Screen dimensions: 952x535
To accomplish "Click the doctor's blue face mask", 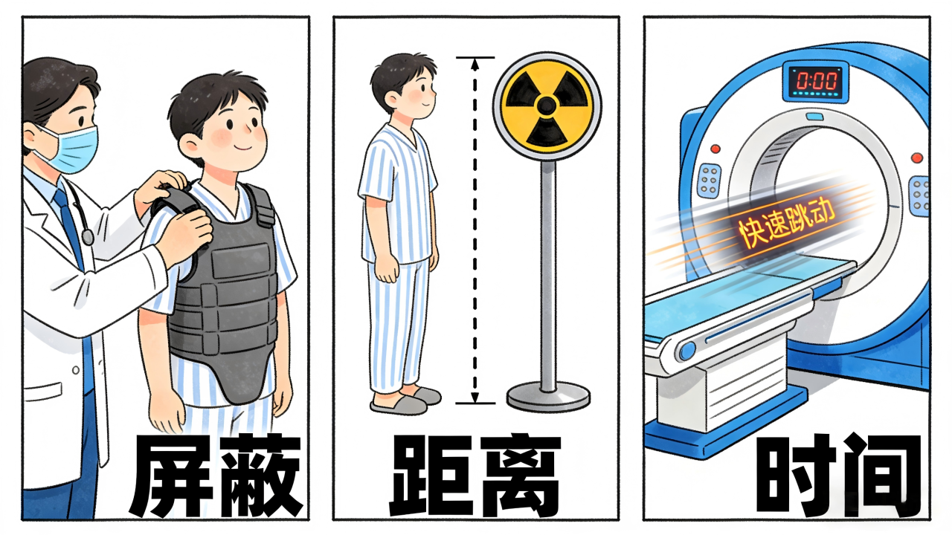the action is tap(73, 149).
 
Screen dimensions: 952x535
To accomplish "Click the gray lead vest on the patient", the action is tap(221, 293).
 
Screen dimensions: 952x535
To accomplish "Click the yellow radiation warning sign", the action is tap(547, 106).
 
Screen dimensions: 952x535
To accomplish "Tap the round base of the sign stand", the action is tap(548, 397).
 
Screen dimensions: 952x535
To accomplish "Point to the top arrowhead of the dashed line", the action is tap(475, 64).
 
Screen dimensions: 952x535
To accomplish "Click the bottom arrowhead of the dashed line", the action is tap(475, 397).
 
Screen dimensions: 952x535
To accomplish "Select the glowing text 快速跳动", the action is tap(787, 226).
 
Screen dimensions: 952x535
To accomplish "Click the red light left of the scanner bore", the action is tap(715, 149).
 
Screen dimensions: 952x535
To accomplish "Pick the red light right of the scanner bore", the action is tap(917, 158).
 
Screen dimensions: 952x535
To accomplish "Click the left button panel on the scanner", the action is tap(709, 180).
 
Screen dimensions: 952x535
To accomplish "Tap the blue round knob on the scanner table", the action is tap(686, 351).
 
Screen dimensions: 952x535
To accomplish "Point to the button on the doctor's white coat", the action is tap(76, 370).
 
